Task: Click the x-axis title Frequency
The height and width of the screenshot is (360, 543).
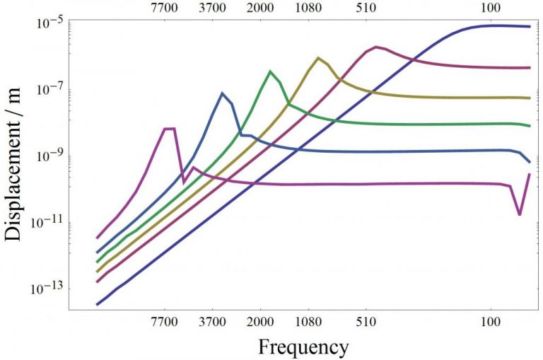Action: point(303,347)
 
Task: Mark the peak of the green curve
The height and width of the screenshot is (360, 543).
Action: point(270,71)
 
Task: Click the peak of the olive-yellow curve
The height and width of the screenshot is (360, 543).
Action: point(318,57)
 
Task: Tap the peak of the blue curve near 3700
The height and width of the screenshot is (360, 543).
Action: point(222,93)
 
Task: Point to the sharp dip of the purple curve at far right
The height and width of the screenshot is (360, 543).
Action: point(520,214)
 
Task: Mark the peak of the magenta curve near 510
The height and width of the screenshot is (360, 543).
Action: point(376,47)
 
